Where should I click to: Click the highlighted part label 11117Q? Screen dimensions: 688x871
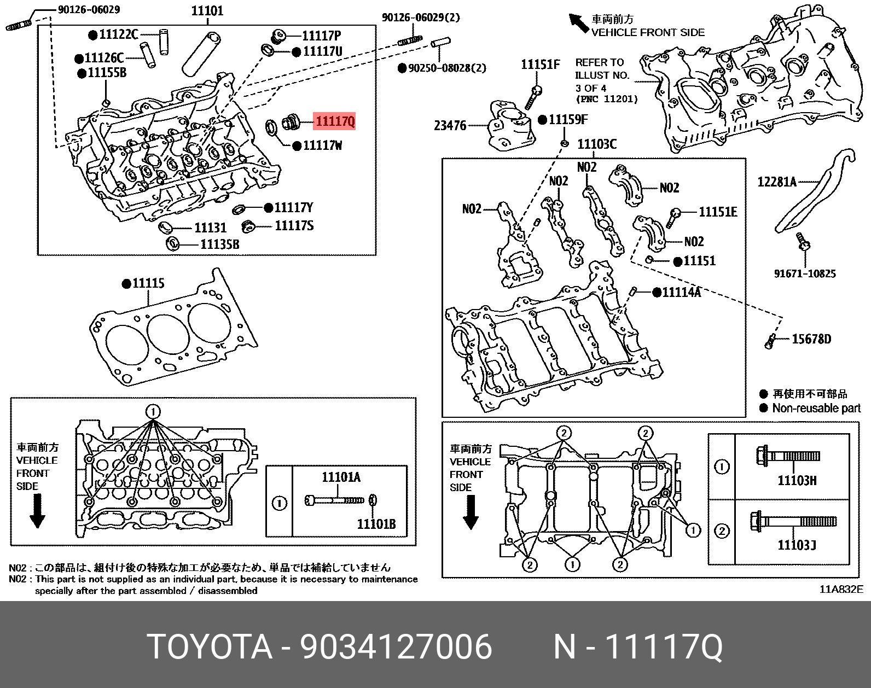tap(334, 121)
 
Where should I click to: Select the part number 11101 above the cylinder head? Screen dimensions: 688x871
tap(207, 11)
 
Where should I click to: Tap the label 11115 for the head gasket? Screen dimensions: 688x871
tap(148, 283)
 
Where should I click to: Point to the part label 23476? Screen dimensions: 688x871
tap(450, 126)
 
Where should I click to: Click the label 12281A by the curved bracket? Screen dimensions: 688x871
tap(777, 182)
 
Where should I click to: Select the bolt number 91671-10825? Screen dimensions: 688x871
tap(804, 273)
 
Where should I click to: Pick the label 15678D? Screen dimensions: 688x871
tap(811, 339)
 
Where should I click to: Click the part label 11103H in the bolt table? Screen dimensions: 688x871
tap(797, 481)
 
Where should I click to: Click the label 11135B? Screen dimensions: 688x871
tap(219, 244)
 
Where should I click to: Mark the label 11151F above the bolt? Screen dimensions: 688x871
tap(540, 65)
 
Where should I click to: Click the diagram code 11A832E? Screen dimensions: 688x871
tap(841, 589)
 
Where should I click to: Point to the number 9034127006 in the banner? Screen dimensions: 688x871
tap(396, 647)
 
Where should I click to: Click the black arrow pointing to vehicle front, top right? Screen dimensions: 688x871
tap(578, 24)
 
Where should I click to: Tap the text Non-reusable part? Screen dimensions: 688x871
tap(816, 408)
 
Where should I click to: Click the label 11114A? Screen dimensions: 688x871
tap(681, 293)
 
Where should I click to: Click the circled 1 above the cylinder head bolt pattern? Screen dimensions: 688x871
tap(153, 411)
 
